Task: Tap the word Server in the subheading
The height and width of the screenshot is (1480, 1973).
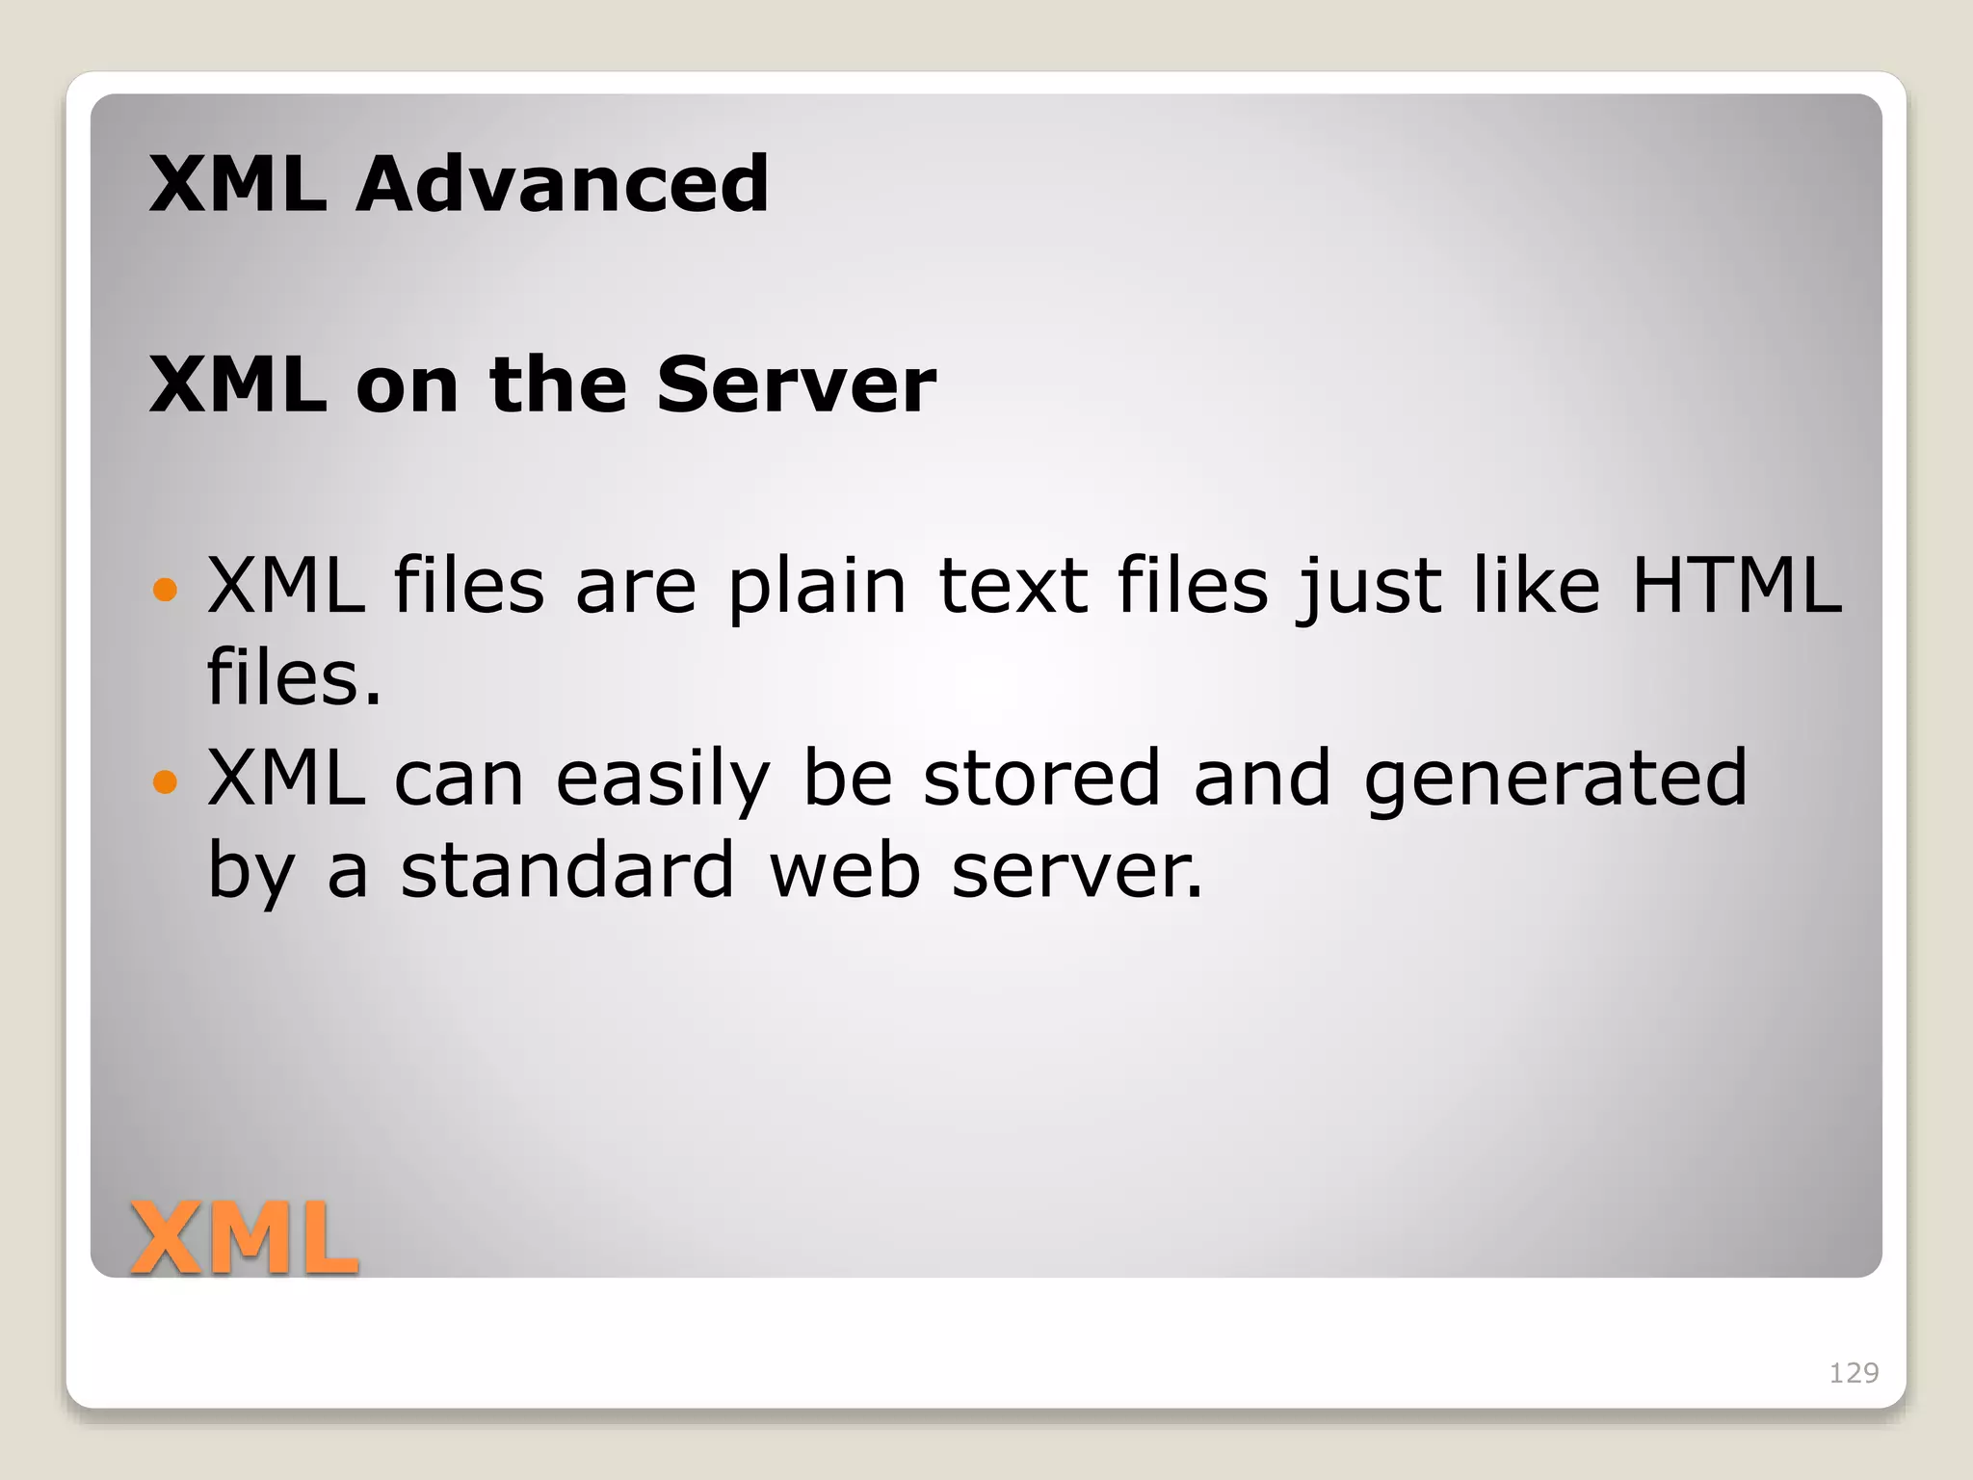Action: [796, 384]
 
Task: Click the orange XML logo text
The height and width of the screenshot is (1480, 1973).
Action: [245, 1239]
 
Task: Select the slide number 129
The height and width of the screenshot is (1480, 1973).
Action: [1854, 1372]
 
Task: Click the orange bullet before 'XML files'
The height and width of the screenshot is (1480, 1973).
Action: [166, 589]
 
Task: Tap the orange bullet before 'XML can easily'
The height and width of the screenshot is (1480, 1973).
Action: [166, 781]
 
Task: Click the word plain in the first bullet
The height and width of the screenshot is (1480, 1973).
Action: [817, 587]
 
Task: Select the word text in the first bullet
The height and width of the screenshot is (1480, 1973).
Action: [1013, 585]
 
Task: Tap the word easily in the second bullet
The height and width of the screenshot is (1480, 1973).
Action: [663, 780]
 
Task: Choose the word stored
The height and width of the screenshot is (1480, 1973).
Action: [1041, 778]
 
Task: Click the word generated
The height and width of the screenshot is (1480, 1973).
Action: [1555, 780]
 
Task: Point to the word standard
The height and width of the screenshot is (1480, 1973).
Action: [567, 869]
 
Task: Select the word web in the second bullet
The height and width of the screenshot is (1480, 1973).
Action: [844, 869]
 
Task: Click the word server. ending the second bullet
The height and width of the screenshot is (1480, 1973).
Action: [1077, 869]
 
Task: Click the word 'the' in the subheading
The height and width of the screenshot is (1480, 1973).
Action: [559, 384]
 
